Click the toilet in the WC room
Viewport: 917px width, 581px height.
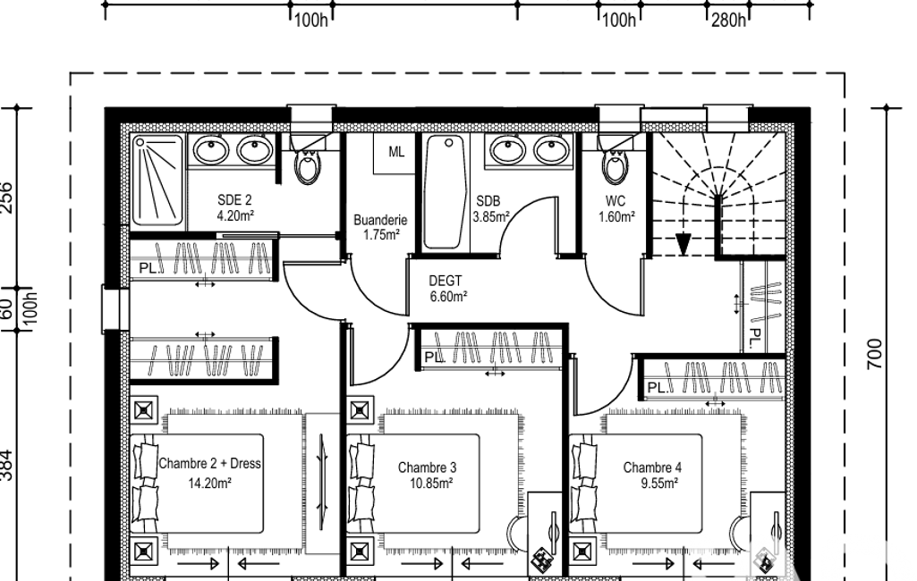tap(614, 159)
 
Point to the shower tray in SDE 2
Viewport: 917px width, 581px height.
tap(157, 181)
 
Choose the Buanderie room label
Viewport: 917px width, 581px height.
tap(381, 221)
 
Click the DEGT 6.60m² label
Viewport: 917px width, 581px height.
tap(448, 289)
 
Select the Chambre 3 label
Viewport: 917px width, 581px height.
tap(427, 467)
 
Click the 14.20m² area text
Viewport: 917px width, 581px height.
tap(209, 484)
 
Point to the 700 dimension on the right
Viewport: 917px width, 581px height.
tap(874, 354)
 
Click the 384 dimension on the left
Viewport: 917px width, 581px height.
tap(6, 466)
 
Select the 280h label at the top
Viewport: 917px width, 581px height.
tap(729, 21)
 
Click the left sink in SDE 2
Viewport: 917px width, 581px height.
tap(210, 151)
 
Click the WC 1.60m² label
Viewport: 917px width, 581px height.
tap(616, 208)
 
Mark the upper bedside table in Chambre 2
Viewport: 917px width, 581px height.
tap(144, 410)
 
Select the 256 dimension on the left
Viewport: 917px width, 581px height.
tap(6, 198)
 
